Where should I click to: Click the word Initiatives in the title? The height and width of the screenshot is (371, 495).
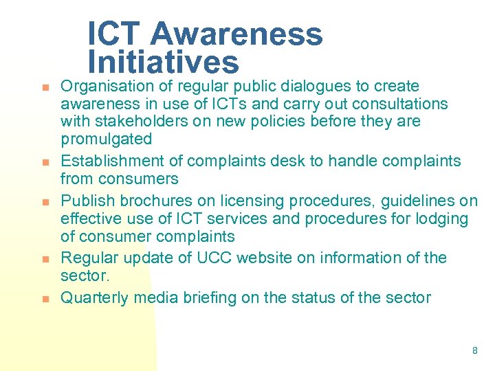point(163,63)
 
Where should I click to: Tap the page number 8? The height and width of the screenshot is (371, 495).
point(474,350)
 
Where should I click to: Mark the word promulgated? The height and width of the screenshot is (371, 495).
point(106,139)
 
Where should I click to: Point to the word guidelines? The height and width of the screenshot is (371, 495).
point(410,201)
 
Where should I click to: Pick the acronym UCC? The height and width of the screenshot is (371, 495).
point(206,258)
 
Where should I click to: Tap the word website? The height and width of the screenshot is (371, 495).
point(258,258)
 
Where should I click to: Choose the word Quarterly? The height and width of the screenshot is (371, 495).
point(95,298)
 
